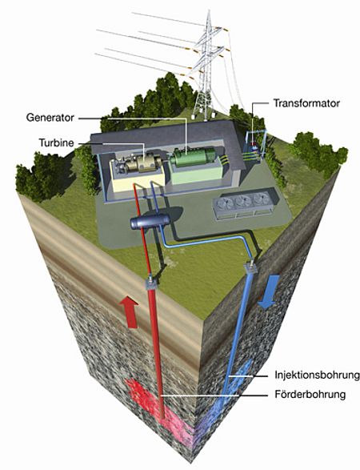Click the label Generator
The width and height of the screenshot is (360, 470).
(50, 118)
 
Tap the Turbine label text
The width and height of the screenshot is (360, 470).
(56, 143)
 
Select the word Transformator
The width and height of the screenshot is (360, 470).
(306, 103)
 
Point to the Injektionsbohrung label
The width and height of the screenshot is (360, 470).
(317, 375)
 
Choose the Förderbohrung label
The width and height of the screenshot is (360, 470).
(310, 394)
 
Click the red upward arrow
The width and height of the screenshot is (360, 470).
(129, 311)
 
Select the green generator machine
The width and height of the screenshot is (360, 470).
(193, 157)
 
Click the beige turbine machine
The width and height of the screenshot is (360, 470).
(140, 163)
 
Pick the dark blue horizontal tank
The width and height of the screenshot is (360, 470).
(150, 222)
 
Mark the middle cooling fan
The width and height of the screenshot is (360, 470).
(243, 201)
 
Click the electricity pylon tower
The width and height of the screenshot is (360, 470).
(206, 66)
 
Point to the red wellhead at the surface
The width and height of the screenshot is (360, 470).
(150, 283)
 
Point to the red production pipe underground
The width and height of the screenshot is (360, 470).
(157, 354)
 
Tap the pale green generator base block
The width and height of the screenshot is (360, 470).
(196, 175)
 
